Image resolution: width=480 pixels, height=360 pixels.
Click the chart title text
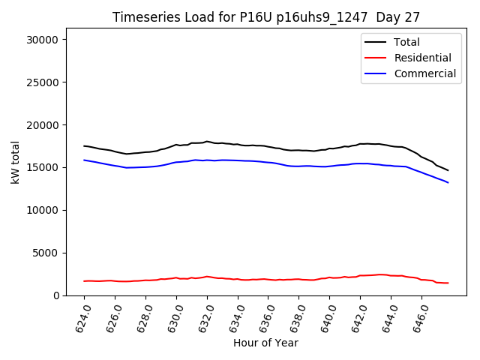pyautogui.click(x=266, y=17)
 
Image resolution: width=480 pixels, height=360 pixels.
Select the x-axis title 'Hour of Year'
pyautogui.click(x=265, y=343)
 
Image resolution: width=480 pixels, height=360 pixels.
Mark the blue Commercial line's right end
pyautogui.click(x=448, y=182)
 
